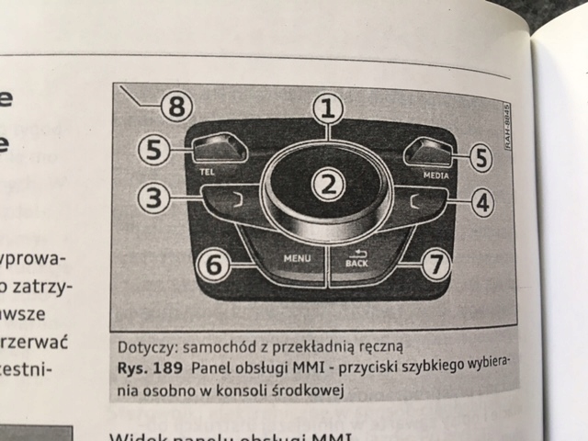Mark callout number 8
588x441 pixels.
coord(175,107)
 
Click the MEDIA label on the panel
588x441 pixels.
coord(436,173)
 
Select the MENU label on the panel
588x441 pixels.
coord(297,259)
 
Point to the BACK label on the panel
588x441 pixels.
coord(356,264)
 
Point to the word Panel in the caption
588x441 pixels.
coord(215,369)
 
